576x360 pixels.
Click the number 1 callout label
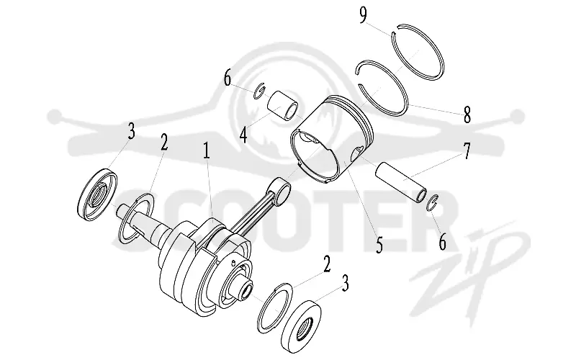pyautogui.click(x=207, y=151)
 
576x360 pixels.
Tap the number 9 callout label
pyautogui.click(x=363, y=15)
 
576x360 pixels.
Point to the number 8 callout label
pyautogui.click(x=467, y=114)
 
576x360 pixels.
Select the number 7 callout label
pyautogui.click(x=466, y=151)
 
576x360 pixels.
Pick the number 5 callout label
pyautogui.click(x=379, y=244)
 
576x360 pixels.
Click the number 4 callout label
pyautogui.click(x=243, y=135)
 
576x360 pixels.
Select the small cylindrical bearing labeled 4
pyautogui.click(x=282, y=105)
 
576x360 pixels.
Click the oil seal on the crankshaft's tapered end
pyautogui.click(x=98, y=195)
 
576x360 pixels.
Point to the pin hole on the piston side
pyautogui.click(x=356, y=154)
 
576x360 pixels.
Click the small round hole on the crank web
pyautogui.click(x=233, y=262)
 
